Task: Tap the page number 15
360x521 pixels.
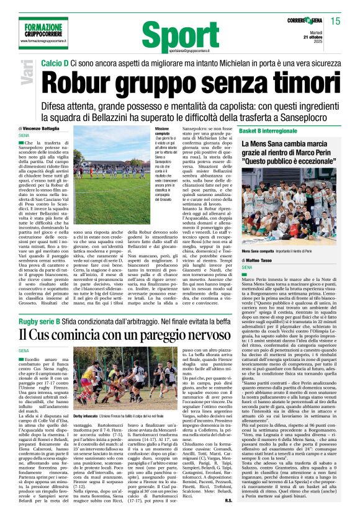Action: click(336, 21)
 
